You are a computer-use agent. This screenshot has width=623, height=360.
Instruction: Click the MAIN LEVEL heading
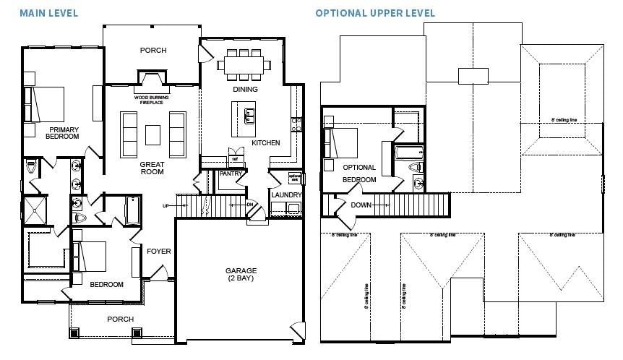[49, 14]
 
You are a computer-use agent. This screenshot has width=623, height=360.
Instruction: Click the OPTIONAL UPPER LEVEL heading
[375, 14]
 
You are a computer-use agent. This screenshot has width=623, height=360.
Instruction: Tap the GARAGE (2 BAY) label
[240, 275]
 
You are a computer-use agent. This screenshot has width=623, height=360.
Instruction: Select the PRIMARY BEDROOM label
[63, 133]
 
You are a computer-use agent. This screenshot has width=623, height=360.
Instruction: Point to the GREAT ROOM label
[152, 168]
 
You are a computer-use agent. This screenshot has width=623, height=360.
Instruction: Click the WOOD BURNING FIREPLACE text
[152, 100]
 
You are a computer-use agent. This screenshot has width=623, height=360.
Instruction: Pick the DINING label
[245, 90]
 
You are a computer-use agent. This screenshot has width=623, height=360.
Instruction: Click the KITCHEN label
[265, 143]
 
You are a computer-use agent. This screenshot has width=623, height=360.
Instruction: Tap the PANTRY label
[230, 174]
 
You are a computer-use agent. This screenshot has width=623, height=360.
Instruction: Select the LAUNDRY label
[285, 194]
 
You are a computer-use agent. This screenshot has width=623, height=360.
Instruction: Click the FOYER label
[159, 252]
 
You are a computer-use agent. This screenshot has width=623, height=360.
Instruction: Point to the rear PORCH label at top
[152, 51]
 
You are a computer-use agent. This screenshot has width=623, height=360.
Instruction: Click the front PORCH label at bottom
[120, 319]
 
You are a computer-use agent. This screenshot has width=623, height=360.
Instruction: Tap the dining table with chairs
[245, 64]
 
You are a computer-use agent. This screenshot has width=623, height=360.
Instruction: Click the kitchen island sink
[249, 114]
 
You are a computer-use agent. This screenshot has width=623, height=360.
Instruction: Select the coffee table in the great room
[152, 135]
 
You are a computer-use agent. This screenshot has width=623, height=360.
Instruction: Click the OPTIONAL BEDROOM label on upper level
[359, 173]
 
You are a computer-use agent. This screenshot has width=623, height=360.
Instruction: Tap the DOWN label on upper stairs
[361, 205]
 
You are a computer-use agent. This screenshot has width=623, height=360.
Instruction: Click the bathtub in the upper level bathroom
[408, 152]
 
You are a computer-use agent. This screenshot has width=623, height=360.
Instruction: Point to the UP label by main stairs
[166, 206]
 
